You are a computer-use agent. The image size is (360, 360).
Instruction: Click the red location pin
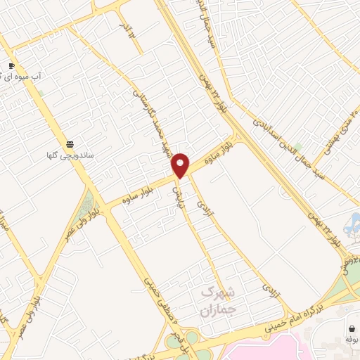(181, 165)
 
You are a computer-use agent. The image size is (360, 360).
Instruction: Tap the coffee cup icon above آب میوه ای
(11, 67)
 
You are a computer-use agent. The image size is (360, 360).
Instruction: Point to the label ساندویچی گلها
(70, 154)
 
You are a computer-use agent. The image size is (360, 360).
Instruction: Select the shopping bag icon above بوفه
(351, 328)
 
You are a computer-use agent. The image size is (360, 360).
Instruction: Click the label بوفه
(351, 339)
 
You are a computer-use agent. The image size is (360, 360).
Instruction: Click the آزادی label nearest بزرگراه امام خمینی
(271, 292)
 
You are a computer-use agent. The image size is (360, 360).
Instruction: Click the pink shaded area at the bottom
(267, 348)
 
